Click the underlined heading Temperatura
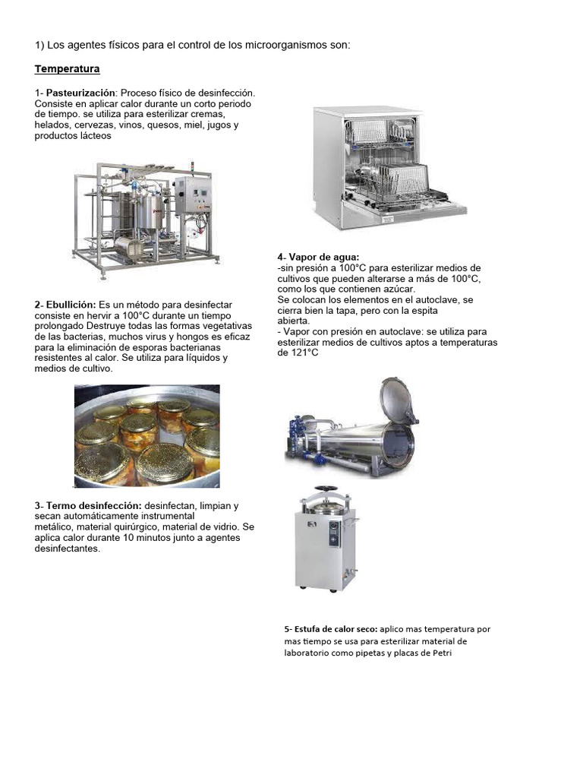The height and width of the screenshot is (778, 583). click(67, 69)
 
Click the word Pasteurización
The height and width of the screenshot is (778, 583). click(80, 93)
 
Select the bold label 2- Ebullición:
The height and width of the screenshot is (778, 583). click(65, 305)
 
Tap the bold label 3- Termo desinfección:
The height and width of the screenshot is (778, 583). click(88, 506)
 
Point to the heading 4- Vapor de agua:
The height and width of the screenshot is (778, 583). click(318, 257)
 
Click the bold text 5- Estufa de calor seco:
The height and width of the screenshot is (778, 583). click(331, 629)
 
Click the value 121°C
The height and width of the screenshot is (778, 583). click(305, 353)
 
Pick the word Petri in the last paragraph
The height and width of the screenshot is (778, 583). click(443, 653)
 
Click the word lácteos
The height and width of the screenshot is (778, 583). click(93, 136)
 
